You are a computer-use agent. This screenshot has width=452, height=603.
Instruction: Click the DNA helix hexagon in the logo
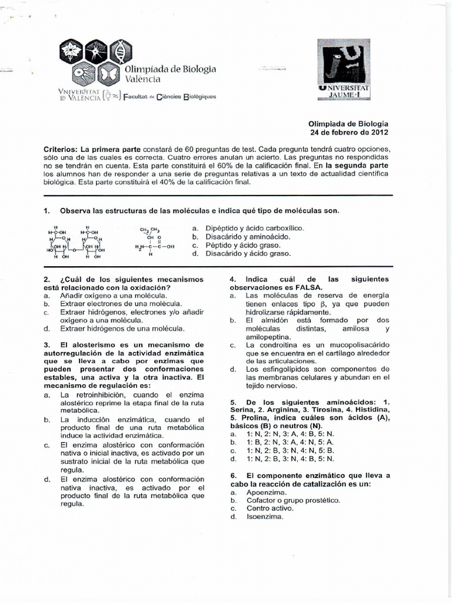tap(119, 52)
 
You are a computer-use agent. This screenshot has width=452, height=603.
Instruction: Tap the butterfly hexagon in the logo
tap(108, 74)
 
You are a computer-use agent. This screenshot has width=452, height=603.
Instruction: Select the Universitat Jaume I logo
tap(343, 69)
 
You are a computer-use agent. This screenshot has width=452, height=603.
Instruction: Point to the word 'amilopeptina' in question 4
tap(269, 336)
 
